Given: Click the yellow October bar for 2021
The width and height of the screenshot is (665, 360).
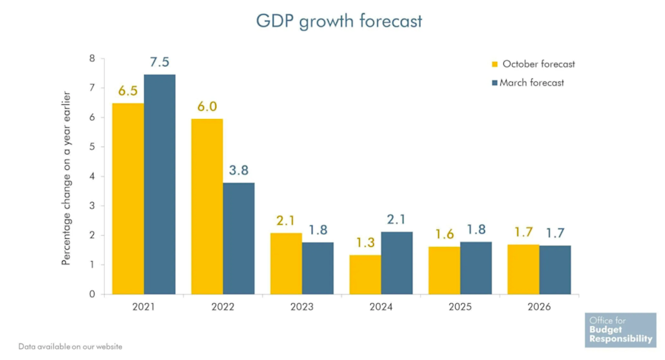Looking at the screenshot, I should [128, 199].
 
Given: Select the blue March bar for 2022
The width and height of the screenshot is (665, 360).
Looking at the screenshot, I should [239, 238].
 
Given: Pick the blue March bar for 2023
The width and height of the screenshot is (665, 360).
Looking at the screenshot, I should [318, 268].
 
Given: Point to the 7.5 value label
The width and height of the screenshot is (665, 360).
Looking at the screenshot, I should [160, 62].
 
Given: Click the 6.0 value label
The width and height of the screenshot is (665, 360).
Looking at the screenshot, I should [207, 106].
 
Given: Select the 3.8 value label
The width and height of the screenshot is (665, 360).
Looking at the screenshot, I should [239, 170].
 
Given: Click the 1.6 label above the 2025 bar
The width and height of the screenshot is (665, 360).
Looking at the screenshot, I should [444, 234].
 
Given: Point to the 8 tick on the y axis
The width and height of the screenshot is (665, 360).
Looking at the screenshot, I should [92, 58].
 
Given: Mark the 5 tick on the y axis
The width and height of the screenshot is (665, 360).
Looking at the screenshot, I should [92, 147].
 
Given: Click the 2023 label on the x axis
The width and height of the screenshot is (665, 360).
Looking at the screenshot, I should [301, 307].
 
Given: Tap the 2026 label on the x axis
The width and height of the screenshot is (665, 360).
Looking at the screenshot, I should [539, 307].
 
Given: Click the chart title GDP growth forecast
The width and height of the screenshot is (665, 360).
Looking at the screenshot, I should [339, 21].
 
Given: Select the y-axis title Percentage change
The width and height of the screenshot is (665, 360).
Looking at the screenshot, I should [66, 178].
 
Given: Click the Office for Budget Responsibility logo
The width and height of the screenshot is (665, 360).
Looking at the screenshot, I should [620, 330].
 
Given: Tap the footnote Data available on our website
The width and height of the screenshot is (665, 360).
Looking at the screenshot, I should [70, 346].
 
